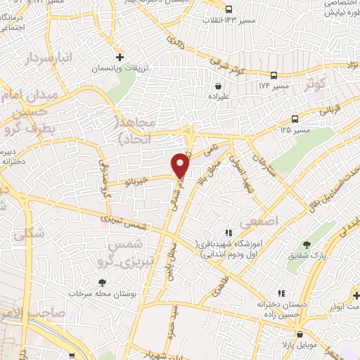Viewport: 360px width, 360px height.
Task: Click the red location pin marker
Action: click(181, 165)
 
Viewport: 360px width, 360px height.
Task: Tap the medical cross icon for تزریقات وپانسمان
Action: click(120, 56)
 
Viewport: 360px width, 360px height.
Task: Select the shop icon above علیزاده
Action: click(217, 88)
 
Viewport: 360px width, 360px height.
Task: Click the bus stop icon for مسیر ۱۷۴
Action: click(274, 75)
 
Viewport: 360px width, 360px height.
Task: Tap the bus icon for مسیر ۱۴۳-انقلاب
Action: click(229, 9)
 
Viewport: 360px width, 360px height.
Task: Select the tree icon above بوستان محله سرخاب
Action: click(103, 283)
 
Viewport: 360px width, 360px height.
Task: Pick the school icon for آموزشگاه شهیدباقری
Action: click(227, 233)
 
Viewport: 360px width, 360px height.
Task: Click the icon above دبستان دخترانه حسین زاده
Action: click(281, 292)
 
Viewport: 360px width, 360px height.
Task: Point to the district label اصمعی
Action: click(260, 221)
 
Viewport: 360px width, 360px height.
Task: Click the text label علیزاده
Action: click(217, 99)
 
